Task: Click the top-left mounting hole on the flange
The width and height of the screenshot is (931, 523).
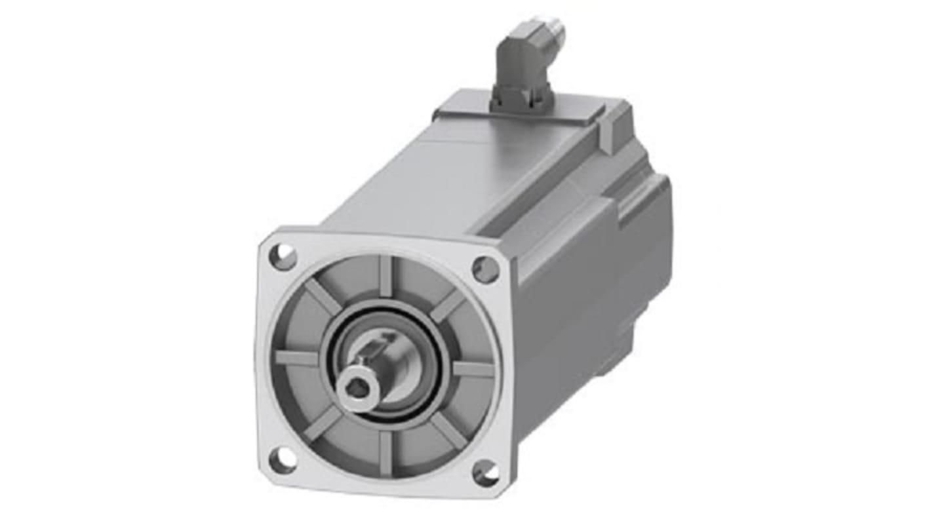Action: coord(283,256)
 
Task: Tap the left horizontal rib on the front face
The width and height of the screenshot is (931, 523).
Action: coord(297,358)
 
